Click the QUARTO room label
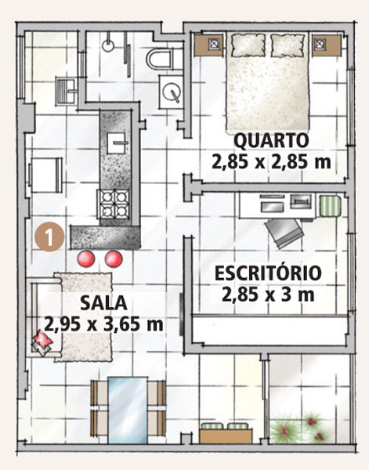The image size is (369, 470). pos(271,141)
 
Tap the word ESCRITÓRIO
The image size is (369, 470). pos(268,273)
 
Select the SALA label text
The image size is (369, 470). pos(103,302)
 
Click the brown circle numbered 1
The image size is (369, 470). pos(49,238)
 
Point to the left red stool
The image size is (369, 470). pos(86,258)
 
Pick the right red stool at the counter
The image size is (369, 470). pos(114,258)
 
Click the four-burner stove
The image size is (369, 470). pos(113,204)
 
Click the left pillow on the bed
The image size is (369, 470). pos(248,45)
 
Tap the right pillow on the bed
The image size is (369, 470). pos(288,45)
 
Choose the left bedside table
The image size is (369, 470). pos(208,45)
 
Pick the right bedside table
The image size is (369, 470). pos(327,45)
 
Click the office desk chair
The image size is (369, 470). pos(284,233)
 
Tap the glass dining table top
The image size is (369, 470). pos(128,410)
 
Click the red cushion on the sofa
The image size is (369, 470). pos(43,340)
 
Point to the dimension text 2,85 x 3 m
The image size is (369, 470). pos(268,295)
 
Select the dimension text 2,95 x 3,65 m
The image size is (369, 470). pos(103,324)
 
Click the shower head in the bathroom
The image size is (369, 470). pos(107,45)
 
